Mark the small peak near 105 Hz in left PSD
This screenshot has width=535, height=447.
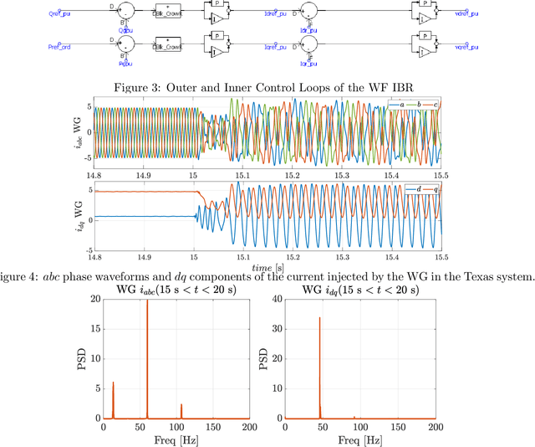(181, 405)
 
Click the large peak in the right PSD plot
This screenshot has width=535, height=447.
(319, 318)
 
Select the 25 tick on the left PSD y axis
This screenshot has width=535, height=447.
(94, 301)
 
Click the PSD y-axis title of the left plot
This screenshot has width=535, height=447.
(81, 360)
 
